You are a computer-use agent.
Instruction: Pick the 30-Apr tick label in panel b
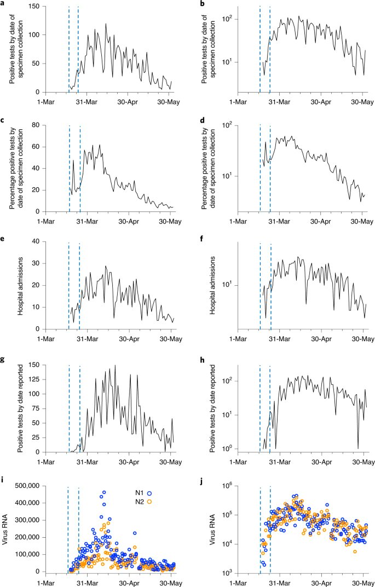click(321, 101)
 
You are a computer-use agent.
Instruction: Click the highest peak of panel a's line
click(106, 24)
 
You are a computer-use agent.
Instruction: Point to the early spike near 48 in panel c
click(73, 160)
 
